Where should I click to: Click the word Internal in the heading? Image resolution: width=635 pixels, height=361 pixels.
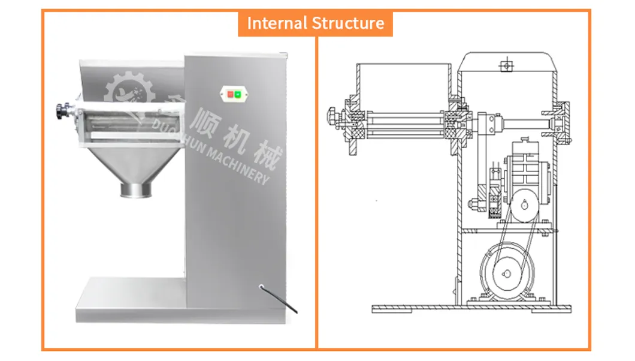click(277, 23)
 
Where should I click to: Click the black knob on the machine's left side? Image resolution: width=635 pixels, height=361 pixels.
click(61, 111)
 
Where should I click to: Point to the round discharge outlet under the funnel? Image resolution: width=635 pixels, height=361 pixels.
click(135, 190)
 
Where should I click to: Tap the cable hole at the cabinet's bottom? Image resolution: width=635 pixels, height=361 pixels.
click(261, 288)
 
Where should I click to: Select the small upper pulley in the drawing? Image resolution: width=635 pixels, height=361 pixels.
click(525, 206)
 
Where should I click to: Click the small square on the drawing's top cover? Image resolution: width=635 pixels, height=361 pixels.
click(506, 63)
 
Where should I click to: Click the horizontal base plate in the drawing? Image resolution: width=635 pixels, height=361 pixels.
click(471, 309)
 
